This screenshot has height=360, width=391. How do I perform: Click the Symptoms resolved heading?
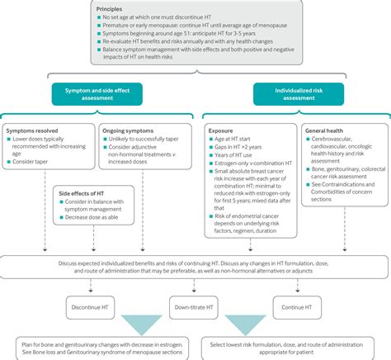[x=33, y=130]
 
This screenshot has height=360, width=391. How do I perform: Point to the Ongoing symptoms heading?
[x=126, y=130]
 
